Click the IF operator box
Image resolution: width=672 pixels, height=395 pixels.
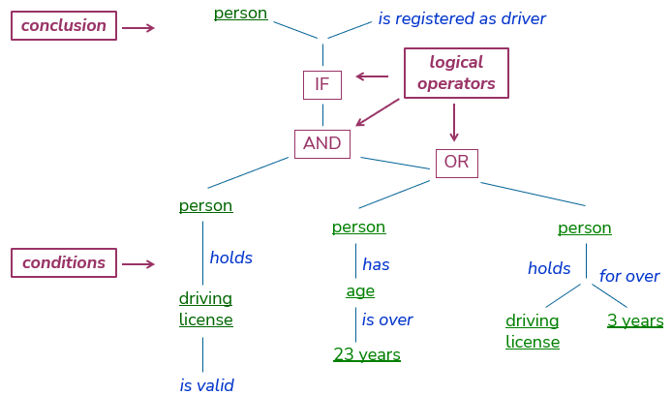coord(321,85)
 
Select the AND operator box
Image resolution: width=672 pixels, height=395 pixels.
coord(321,144)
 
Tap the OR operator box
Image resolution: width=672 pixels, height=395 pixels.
coord(456,163)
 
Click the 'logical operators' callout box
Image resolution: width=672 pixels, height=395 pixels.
coord(456,74)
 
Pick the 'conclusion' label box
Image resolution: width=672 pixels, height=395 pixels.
coord(64,26)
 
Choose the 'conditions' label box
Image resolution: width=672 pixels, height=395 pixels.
coord(64,263)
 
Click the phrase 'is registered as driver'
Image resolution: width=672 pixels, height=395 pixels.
coord(462,19)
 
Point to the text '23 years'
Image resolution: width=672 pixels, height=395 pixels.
coord(366,354)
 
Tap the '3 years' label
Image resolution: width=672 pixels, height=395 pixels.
coord(635,320)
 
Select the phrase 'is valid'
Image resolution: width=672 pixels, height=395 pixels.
coord(206,385)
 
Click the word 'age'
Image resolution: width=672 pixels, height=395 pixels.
coord(360,291)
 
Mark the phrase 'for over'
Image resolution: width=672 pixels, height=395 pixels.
coord(629,277)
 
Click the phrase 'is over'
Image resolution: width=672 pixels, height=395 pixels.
coord(387,320)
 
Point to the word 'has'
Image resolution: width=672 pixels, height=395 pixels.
coord(376,264)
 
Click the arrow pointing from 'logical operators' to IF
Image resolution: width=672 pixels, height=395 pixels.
coord(372,76)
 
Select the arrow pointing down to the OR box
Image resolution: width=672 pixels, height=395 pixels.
coord(454,122)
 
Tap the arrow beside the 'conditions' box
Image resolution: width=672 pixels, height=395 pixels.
coord(138,264)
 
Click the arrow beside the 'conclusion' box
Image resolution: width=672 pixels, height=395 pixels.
coord(138,28)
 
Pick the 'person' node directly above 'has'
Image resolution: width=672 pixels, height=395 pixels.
coord(358,228)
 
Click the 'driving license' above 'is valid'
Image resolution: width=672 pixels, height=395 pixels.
coord(205,309)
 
